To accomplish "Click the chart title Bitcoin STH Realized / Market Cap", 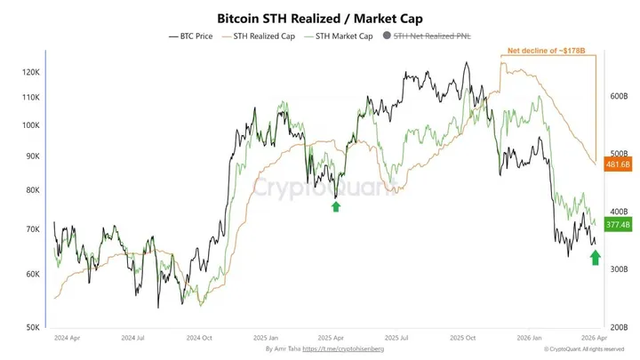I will (x=319, y=17).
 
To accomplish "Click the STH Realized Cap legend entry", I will (x=264, y=36).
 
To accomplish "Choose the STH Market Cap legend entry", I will (x=342, y=36).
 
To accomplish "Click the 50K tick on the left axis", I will (x=32, y=327).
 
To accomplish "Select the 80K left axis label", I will (x=32, y=190).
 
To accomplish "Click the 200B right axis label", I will (x=618, y=327).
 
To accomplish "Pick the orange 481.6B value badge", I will (x=617, y=164).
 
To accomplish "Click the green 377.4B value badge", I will (x=617, y=226).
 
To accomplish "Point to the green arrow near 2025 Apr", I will (x=336, y=206).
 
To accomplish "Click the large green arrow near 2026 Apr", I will (x=595, y=258).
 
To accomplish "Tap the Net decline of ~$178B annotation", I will (x=547, y=52).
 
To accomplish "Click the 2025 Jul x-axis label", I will (x=397, y=339).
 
